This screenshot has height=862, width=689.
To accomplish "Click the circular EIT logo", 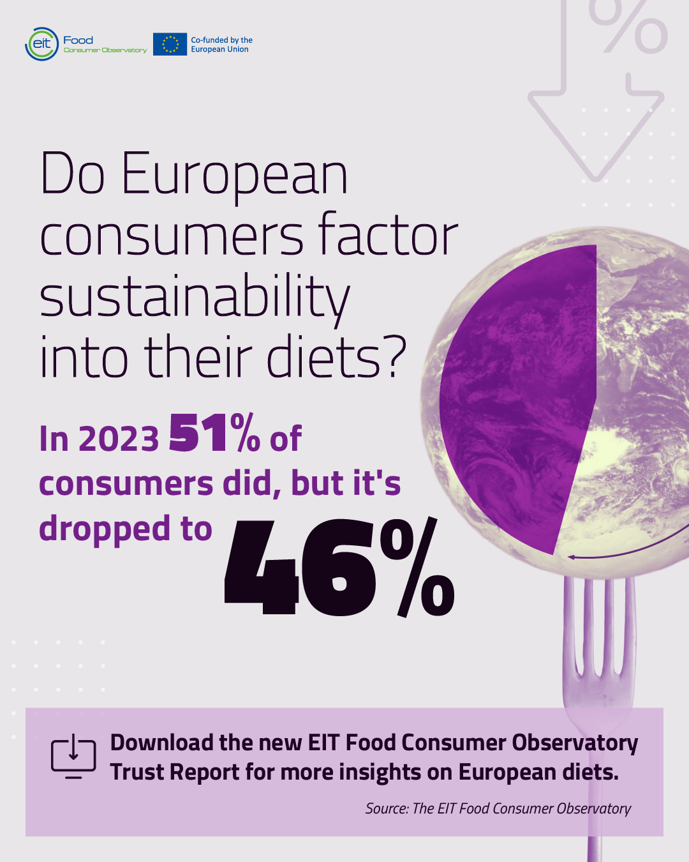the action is (x=41, y=44).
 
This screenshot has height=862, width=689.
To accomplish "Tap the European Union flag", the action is (x=170, y=44).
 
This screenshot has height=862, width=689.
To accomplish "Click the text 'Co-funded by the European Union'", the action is (x=221, y=45).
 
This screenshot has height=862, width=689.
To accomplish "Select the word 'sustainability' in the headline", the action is (x=195, y=299).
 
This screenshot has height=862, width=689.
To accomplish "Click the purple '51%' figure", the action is (x=214, y=434).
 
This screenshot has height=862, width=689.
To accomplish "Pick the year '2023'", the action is (x=119, y=439).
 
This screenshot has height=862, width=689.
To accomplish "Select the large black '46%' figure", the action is (x=339, y=567).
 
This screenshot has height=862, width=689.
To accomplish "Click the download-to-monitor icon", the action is (x=73, y=756).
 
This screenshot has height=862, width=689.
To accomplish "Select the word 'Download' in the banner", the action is (x=162, y=742).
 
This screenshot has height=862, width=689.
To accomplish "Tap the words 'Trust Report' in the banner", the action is (x=175, y=772).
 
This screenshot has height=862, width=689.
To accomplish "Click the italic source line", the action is (x=498, y=808).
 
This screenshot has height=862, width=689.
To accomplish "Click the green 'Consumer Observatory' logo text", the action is (x=105, y=50).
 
